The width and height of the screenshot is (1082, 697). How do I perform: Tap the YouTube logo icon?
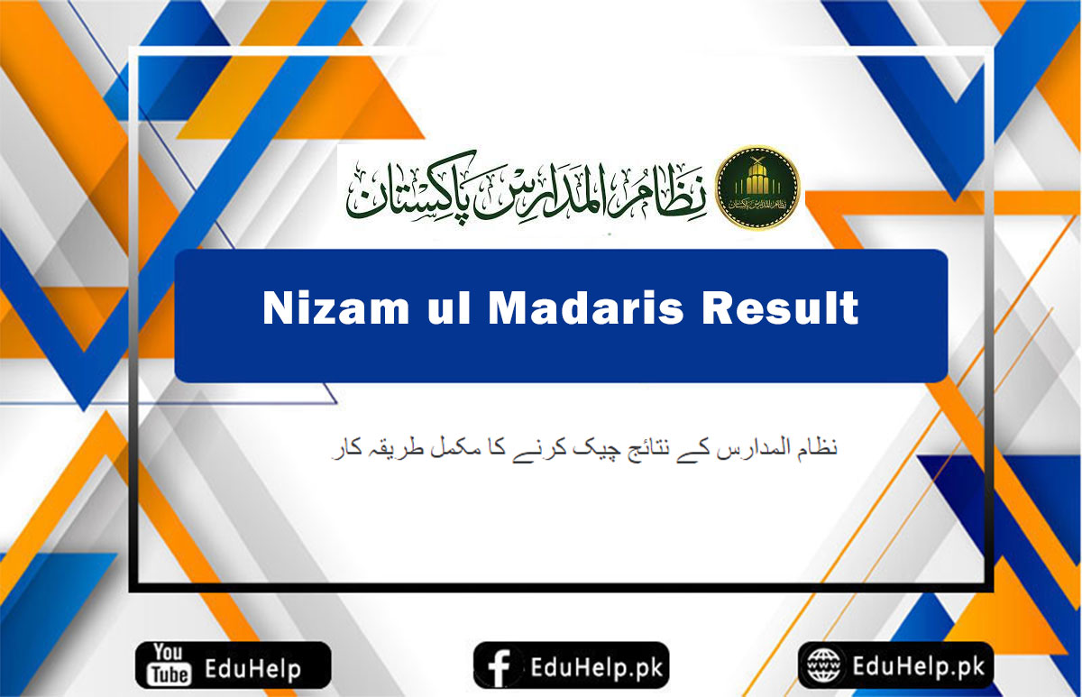pos(168,665)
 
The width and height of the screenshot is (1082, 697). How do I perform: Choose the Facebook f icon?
pos(498,667)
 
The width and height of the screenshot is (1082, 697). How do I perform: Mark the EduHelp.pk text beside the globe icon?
pos(913,667)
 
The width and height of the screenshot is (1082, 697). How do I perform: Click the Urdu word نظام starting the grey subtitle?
pos(817,447)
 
